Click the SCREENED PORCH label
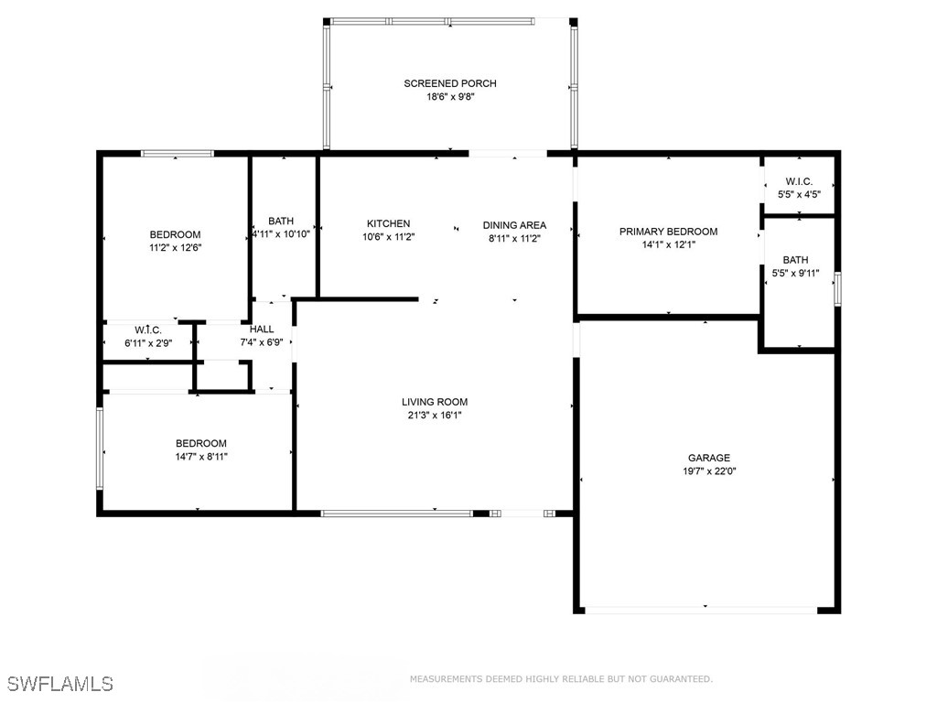[450, 84]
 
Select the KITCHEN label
[388, 224]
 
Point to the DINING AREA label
[514, 225]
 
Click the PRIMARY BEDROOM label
[668, 233]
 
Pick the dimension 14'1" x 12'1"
[668, 244]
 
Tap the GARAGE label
[709, 459]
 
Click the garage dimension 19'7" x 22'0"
[709, 471]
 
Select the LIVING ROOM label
[435, 402]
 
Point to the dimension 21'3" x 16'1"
[435, 415]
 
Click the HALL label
[262, 330]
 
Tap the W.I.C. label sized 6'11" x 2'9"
[148, 330]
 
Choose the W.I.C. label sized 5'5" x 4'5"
[794, 182]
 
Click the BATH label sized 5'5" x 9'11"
[795, 260]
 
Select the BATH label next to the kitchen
[281, 222]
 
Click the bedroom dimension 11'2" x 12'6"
[175, 247]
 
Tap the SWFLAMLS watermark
[60, 684]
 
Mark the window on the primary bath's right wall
[836, 289]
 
